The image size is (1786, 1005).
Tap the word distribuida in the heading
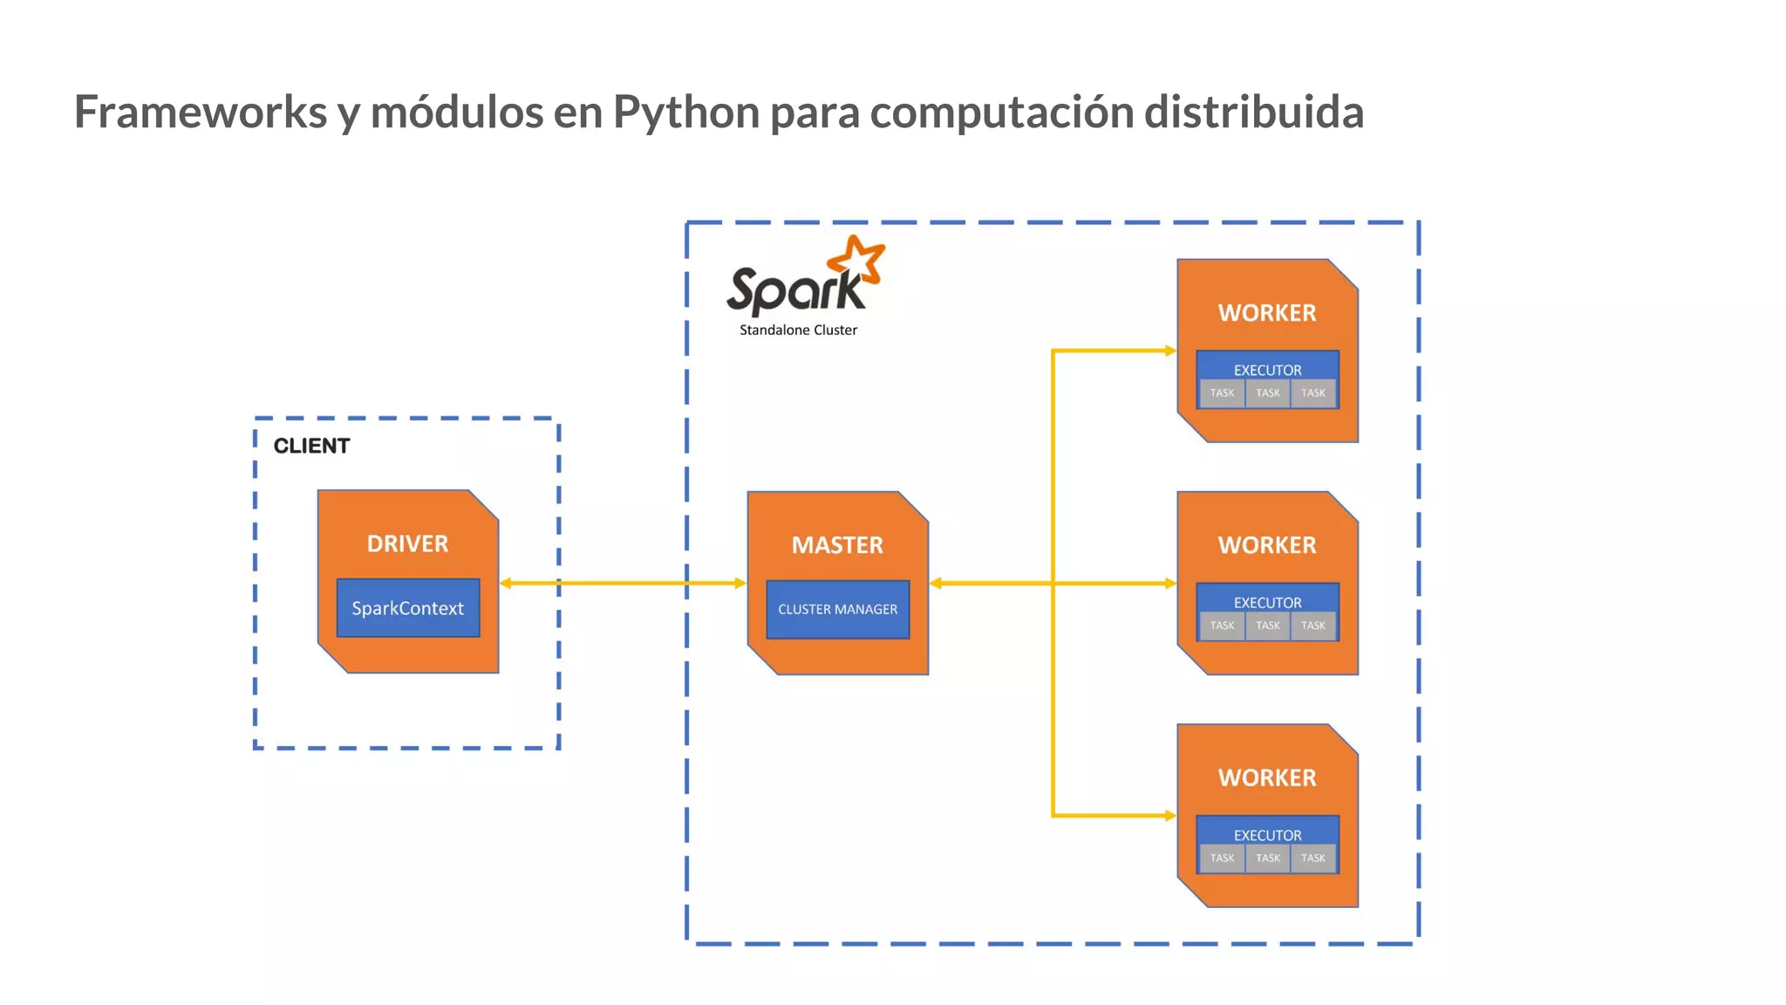point(1253,113)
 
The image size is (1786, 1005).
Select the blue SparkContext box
point(407,608)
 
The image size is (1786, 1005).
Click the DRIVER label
point(407,544)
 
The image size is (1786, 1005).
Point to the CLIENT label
point(311,446)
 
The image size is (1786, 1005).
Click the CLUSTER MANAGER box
point(837,609)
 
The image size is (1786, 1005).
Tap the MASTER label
point(837,545)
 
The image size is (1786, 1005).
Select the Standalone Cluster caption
point(798,330)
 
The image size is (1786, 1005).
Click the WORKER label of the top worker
point(1267,313)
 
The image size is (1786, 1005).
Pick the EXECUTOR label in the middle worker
point(1267,602)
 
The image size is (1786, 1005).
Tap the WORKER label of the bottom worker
point(1267,777)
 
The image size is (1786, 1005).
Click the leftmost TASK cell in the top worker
point(1222,393)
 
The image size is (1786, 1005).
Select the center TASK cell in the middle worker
point(1267,626)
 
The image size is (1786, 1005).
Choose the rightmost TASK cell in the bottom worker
point(1312,858)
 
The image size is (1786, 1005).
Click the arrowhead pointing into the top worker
point(1170,351)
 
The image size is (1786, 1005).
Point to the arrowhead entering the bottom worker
point(1170,816)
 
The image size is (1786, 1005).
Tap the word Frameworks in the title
point(200,113)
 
